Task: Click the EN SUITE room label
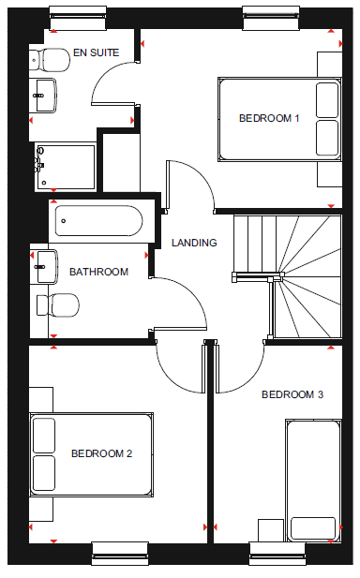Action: (x=96, y=52)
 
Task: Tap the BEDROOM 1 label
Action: (x=269, y=118)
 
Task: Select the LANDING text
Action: (x=194, y=243)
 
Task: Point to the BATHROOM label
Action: (x=98, y=272)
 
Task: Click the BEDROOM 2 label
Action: (x=101, y=453)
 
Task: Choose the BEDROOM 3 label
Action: (x=292, y=394)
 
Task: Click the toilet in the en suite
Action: (x=50, y=59)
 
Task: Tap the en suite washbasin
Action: (x=43, y=96)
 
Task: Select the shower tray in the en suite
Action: (x=66, y=168)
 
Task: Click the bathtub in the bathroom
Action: (x=98, y=221)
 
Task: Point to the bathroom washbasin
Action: (x=44, y=266)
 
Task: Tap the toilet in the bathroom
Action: (x=58, y=305)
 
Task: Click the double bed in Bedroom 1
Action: (x=279, y=119)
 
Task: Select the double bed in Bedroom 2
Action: (x=92, y=454)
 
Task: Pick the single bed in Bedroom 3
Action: (x=313, y=481)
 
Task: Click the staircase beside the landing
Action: (x=288, y=276)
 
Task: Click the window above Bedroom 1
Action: (x=271, y=18)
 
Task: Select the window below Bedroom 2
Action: (x=120, y=554)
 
